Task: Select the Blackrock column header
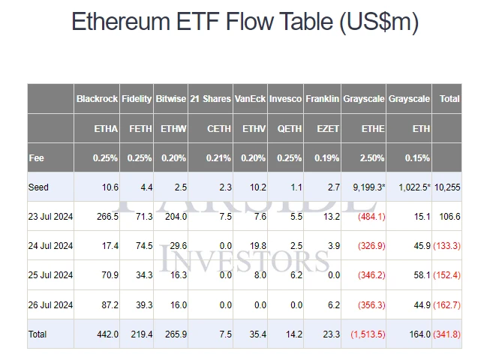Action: [97, 99]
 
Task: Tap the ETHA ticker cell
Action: [107, 129]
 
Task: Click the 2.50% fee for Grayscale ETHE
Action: [372, 158]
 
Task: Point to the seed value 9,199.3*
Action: [365, 187]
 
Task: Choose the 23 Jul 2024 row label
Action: [51, 217]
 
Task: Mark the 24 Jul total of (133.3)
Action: [449, 246]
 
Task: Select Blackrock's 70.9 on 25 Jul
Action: [108, 275]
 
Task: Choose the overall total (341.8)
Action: [449, 334]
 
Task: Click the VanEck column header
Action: [250, 99]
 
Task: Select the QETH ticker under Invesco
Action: [290, 129]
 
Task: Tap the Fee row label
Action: [37, 158]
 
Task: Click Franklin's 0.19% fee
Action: [327, 158]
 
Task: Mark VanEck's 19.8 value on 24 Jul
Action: [256, 246]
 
